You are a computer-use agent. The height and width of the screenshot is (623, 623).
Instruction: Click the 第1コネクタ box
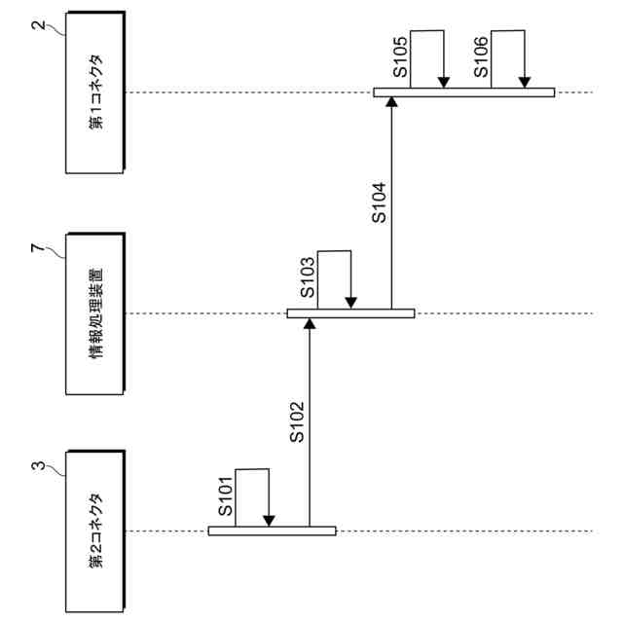tap(94, 92)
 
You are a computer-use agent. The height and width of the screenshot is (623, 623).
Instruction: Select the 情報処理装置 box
tap(94, 313)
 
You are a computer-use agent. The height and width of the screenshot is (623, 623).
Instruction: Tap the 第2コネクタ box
tap(94, 531)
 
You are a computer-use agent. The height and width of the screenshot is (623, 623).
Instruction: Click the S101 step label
tap(225, 496)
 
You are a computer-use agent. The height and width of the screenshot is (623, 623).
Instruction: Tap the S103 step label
tap(306, 277)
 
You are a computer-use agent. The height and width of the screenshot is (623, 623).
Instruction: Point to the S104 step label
tap(381, 202)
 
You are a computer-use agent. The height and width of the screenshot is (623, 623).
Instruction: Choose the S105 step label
tap(400, 57)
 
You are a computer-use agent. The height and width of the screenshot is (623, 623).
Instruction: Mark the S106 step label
tap(481, 57)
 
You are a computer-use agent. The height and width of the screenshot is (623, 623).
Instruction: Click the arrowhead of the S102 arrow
tap(309, 324)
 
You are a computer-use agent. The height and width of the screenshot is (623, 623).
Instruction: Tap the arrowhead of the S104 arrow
tap(391, 103)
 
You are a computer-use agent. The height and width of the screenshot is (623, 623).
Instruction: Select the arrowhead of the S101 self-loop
tap(270, 521)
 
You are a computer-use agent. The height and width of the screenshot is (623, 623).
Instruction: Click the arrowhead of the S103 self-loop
tap(351, 303)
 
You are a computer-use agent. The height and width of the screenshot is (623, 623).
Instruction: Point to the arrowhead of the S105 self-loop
tap(443, 82)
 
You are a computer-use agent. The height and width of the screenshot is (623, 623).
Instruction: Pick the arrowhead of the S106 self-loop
tap(525, 82)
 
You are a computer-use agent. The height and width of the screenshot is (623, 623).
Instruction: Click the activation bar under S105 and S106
tap(463, 92)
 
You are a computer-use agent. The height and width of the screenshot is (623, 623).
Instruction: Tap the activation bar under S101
tap(272, 531)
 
